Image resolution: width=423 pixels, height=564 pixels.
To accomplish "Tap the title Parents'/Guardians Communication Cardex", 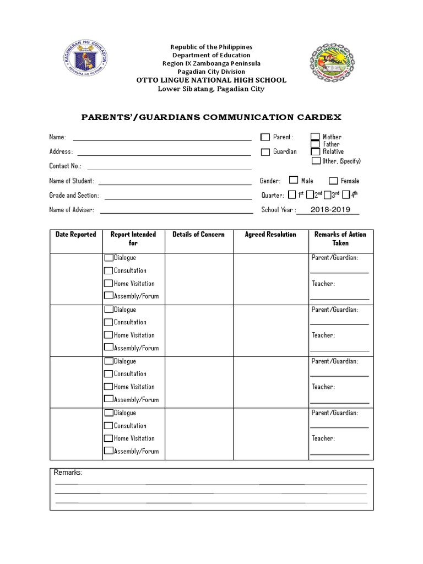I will click(x=211, y=117).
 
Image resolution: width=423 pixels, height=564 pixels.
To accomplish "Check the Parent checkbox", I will click(x=265, y=137).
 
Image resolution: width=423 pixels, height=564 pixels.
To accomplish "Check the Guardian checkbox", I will click(x=265, y=152).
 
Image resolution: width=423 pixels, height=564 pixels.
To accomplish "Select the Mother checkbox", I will click(x=315, y=137).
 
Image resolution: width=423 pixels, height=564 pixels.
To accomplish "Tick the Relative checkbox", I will click(x=315, y=151).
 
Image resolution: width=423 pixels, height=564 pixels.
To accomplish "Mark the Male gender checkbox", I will click(x=294, y=180).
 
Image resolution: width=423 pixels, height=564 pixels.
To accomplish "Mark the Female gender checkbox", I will click(x=333, y=181).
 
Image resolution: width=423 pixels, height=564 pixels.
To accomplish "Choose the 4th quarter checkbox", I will click(x=346, y=194).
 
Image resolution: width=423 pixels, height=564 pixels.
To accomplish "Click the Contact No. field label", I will click(x=65, y=166).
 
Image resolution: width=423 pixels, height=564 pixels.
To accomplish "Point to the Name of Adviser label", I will click(x=71, y=210).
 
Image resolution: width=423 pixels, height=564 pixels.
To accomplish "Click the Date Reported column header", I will click(x=75, y=235).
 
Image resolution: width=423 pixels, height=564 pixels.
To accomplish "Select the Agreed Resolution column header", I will click(x=270, y=235).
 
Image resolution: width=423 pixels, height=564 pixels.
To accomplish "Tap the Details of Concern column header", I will click(x=198, y=235).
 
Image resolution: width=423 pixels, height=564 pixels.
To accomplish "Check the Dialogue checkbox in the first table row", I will click(x=109, y=258).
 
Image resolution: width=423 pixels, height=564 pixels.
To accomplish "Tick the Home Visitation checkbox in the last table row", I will click(x=109, y=438).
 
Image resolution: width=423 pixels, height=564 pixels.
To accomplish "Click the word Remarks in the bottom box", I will click(x=68, y=473).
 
